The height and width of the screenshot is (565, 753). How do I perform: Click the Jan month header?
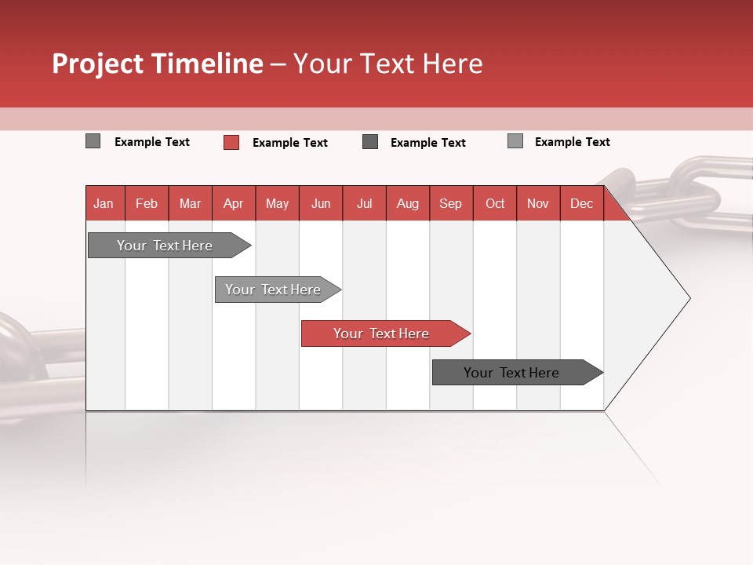[x=104, y=203]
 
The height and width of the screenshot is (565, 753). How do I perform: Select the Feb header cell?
[x=147, y=203]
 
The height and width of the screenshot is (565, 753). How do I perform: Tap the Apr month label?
[x=234, y=203]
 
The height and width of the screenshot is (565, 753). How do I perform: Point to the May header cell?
[x=277, y=203]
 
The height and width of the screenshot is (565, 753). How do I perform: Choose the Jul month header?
[x=365, y=203]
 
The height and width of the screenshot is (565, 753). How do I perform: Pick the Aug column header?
[x=408, y=203]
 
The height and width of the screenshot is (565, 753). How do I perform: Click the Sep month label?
[x=451, y=203]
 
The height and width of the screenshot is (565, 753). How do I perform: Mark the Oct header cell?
[x=495, y=203]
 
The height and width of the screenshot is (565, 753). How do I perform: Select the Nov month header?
[x=538, y=203]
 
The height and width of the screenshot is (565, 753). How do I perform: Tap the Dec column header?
[x=582, y=203]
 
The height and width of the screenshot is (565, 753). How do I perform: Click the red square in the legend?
[x=231, y=142]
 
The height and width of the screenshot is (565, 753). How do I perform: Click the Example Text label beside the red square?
[x=290, y=143]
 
